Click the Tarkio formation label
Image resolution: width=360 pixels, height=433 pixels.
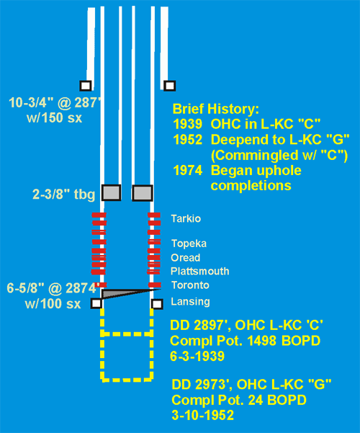pos(186,219)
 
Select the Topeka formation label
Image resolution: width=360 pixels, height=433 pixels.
pos(189,244)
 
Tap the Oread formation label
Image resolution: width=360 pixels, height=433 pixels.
pos(186,258)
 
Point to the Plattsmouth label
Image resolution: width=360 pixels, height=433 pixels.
pos(200,271)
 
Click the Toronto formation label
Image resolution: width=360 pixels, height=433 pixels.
pos(190,285)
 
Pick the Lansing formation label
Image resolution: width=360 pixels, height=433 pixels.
pos(190,302)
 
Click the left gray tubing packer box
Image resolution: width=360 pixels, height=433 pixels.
pos(112,192)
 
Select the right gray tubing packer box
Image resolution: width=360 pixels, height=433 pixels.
pos(142,193)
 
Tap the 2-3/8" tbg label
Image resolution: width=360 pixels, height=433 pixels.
pos(64,194)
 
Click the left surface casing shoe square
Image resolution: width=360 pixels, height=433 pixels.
pos(86,86)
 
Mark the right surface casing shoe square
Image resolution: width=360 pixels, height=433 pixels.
pos(169,86)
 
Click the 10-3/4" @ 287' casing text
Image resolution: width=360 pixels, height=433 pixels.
pos(55,103)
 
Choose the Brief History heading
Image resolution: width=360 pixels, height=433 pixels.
pos(216,109)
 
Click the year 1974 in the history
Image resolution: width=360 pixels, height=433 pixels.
pos(188,170)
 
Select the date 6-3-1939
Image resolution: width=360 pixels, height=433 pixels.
pos(197,356)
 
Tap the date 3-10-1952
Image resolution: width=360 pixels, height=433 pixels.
pos(202,415)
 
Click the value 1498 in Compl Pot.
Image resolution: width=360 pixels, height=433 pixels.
pos(261,341)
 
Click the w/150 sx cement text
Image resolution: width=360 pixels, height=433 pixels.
pos(55,118)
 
